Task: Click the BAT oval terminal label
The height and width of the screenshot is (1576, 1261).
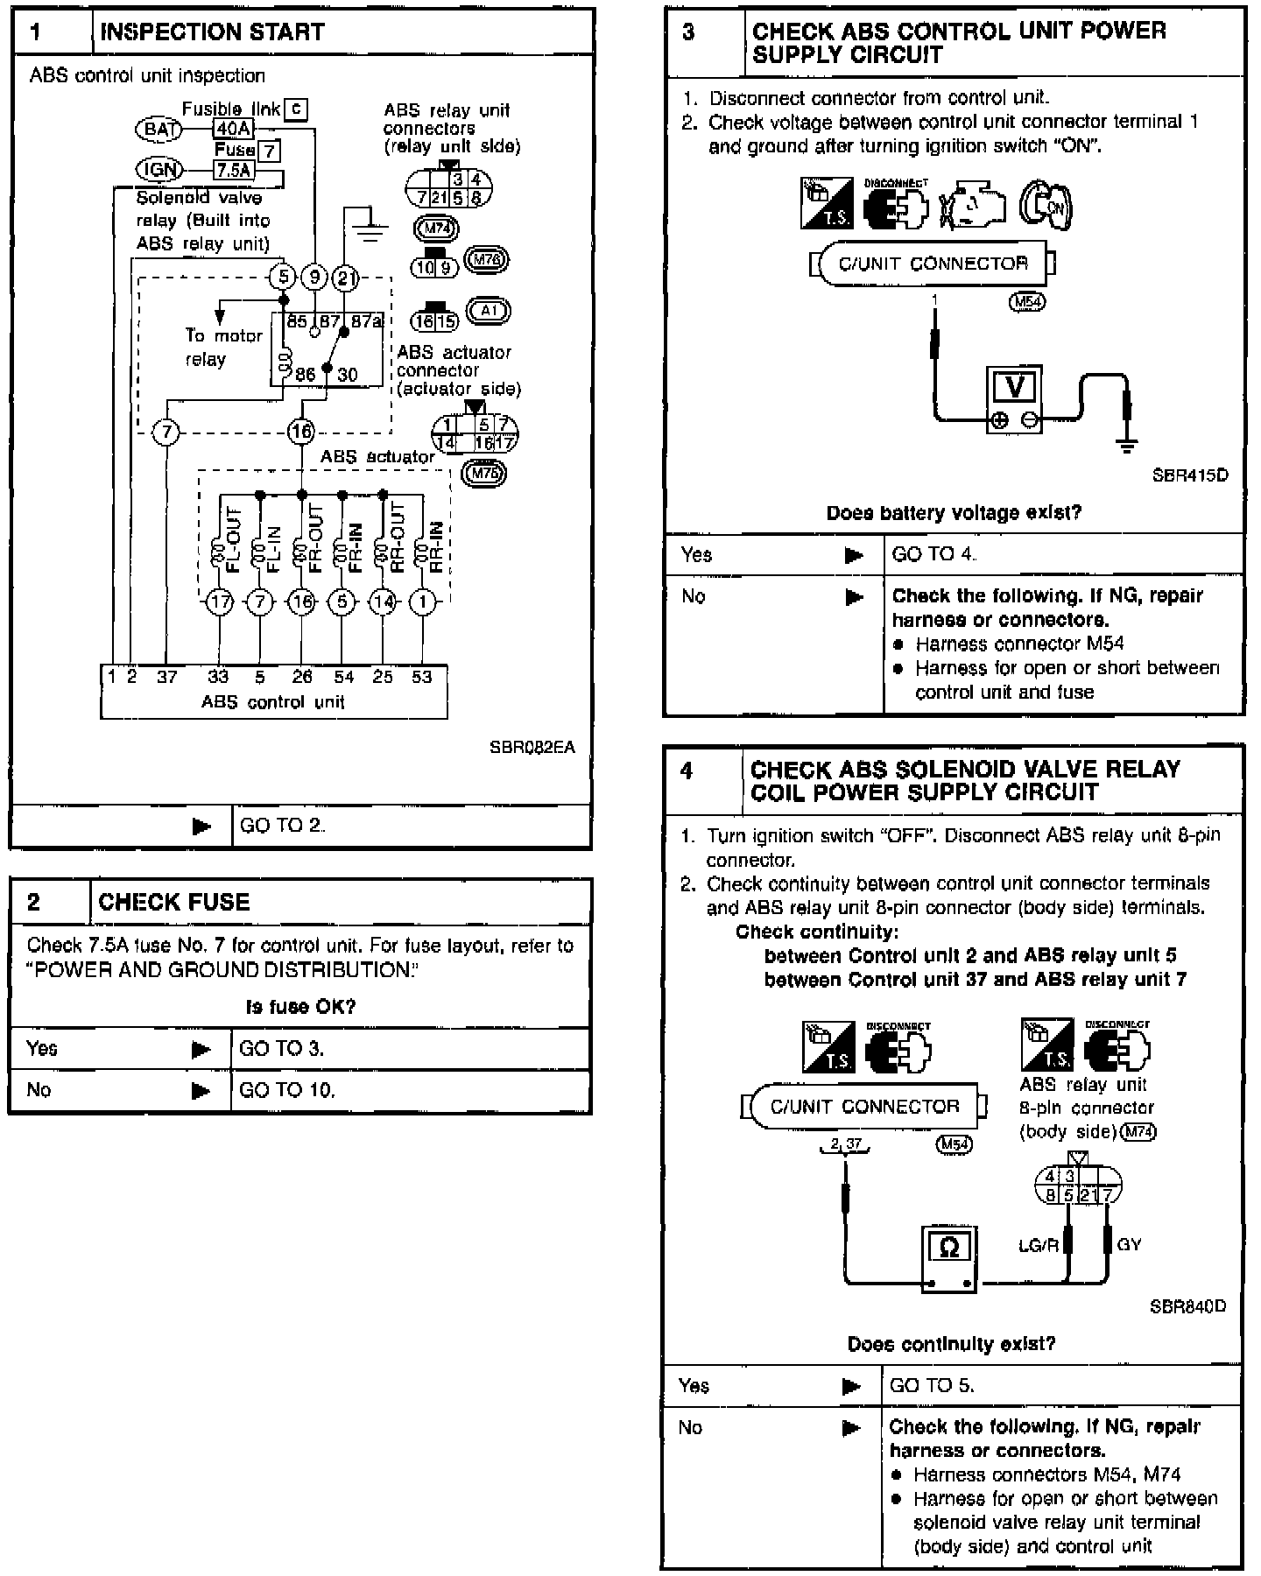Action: pyautogui.click(x=159, y=130)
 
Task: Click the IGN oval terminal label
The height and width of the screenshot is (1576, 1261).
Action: pyautogui.click(x=159, y=170)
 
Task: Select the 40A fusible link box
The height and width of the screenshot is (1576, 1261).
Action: pyautogui.click(x=233, y=130)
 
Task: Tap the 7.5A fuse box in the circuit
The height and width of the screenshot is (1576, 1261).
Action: pyautogui.click(x=234, y=170)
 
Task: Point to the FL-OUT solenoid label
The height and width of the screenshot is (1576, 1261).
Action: pyautogui.click(x=233, y=539)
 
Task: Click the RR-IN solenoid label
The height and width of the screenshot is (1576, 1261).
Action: pyautogui.click(x=436, y=546)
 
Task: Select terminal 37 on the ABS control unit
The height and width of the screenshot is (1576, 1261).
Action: pyautogui.click(x=166, y=677)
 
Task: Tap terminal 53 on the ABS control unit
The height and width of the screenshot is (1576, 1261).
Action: pyautogui.click(x=422, y=677)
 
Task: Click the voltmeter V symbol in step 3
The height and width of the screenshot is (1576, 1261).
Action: pyautogui.click(x=1015, y=386)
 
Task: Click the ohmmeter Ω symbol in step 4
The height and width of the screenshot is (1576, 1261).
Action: pyautogui.click(x=948, y=1248)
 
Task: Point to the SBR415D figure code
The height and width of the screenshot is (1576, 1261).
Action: pyautogui.click(x=1190, y=475)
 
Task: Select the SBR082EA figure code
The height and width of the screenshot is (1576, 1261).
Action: pyautogui.click(x=532, y=747)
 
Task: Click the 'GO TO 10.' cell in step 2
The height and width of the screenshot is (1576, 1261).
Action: pyautogui.click(x=287, y=1090)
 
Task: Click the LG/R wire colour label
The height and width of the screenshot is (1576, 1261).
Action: pyautogui.click(x=1039, y=1244)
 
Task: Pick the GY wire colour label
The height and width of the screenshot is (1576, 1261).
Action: pyautogui.click(x=1129, y=1243)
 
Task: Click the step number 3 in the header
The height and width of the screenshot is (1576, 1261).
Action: pyautogui.click(x=688, y=32)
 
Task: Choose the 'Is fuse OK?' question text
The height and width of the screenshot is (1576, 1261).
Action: pyautogui.click(x=300, y=1007)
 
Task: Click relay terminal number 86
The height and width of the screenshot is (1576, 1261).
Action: pyautogui.click(x=305, y=375)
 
